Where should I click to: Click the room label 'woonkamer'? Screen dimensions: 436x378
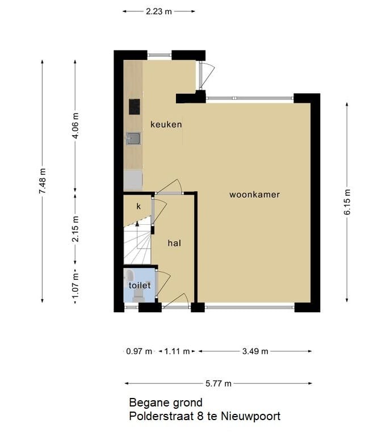click(254, 195)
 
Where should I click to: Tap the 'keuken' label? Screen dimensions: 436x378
click(166, 124)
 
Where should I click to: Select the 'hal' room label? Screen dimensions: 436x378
click(174, 243)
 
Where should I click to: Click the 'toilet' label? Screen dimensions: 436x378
click(140, 286)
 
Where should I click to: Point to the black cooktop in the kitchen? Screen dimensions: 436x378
click(135, 107)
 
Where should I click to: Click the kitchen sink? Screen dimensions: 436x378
click(133, 139)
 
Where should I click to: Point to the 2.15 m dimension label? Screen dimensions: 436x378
click(75, 229)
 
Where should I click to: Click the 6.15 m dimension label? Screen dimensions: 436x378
click(347, 202)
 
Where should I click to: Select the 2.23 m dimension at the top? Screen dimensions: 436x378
click(159, 11)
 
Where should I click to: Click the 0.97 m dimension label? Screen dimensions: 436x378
click(139, 351)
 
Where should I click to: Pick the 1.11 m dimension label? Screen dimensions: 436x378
click(177, 351)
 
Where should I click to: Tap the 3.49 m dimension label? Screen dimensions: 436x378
click(255, 351)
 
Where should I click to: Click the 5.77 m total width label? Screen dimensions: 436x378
click(219, 384)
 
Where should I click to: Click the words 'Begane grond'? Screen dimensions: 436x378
click(166, 403)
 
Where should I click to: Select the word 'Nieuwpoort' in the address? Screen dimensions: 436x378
click(253, 417)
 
